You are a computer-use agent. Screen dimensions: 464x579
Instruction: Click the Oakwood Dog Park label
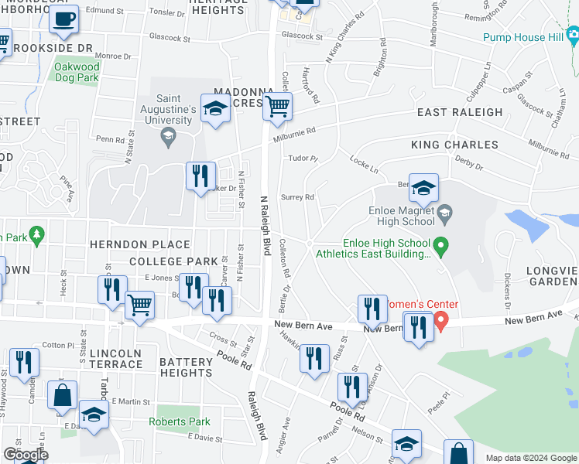76,72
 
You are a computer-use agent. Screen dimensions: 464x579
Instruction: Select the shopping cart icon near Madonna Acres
277,107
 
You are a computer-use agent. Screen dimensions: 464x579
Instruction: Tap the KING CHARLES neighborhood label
454,145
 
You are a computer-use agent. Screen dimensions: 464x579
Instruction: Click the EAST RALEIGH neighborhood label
459,112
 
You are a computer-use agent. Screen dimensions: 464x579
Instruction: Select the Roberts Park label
180,421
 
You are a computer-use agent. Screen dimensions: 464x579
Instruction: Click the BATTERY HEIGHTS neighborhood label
186,367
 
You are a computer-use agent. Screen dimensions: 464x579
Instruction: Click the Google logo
25,455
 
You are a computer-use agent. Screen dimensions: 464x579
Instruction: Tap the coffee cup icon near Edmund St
63,20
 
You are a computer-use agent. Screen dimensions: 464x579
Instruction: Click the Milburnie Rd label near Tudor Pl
294,135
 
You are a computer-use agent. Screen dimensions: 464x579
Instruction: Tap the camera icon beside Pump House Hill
573,35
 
